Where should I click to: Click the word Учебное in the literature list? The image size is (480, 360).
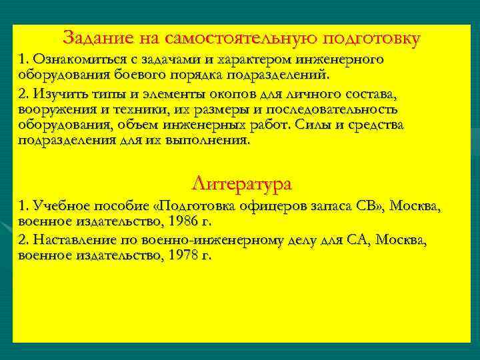pos(66,206)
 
